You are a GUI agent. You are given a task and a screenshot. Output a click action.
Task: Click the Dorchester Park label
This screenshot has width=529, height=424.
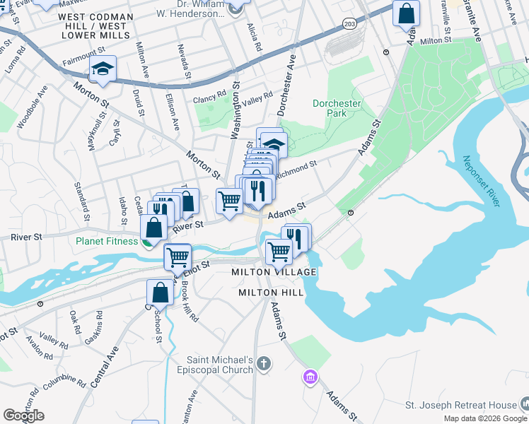[x=337, y=108]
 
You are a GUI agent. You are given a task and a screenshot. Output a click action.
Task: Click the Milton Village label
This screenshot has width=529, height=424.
[x=274, y=272]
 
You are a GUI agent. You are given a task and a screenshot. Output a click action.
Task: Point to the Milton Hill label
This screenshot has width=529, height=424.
[x=271, y=292]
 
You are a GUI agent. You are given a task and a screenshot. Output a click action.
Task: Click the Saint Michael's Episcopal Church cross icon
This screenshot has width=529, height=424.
[x=263, y=364]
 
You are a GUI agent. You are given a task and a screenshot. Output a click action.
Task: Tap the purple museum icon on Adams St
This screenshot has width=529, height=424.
[x=309, y=377]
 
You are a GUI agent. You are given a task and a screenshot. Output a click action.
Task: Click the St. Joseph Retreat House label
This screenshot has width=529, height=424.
[x=460, y=405]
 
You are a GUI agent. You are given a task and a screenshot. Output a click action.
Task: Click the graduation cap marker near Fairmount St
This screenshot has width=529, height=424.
[x=103, y=69]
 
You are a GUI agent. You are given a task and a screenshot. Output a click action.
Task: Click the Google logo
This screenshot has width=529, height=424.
[x=23, y=416]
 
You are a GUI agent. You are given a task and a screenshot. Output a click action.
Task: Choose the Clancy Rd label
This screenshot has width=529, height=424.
[x=210, y=95]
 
